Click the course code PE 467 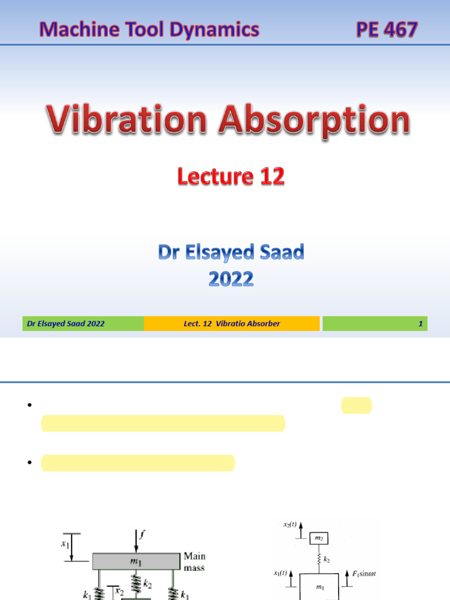click(x=387, y=29)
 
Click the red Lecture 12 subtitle click(x=231, y=176)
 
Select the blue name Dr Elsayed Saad click(x=231, y=253)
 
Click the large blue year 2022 click(x=231, y=279)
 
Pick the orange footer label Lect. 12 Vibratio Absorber click(x=231, y=323)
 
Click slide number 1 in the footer click(x=420, y=323)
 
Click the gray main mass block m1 click(x=135, y=562)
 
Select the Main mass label click(x=195, y=561)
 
